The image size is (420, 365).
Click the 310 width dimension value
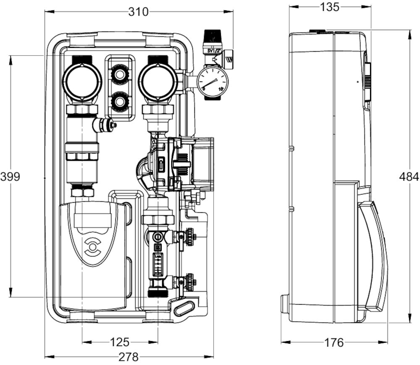coord(138,12)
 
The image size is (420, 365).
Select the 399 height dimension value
coord(10,177)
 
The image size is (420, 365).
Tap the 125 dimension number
coord(120,342)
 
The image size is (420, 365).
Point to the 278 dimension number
coord(129,357)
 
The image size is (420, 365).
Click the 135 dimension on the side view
coord(330,7)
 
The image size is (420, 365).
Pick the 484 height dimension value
coord(409,177)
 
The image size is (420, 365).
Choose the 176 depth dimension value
coord(334,343)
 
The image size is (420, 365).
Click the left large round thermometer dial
coord(82,81)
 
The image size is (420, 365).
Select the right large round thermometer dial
coord(157,81)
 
